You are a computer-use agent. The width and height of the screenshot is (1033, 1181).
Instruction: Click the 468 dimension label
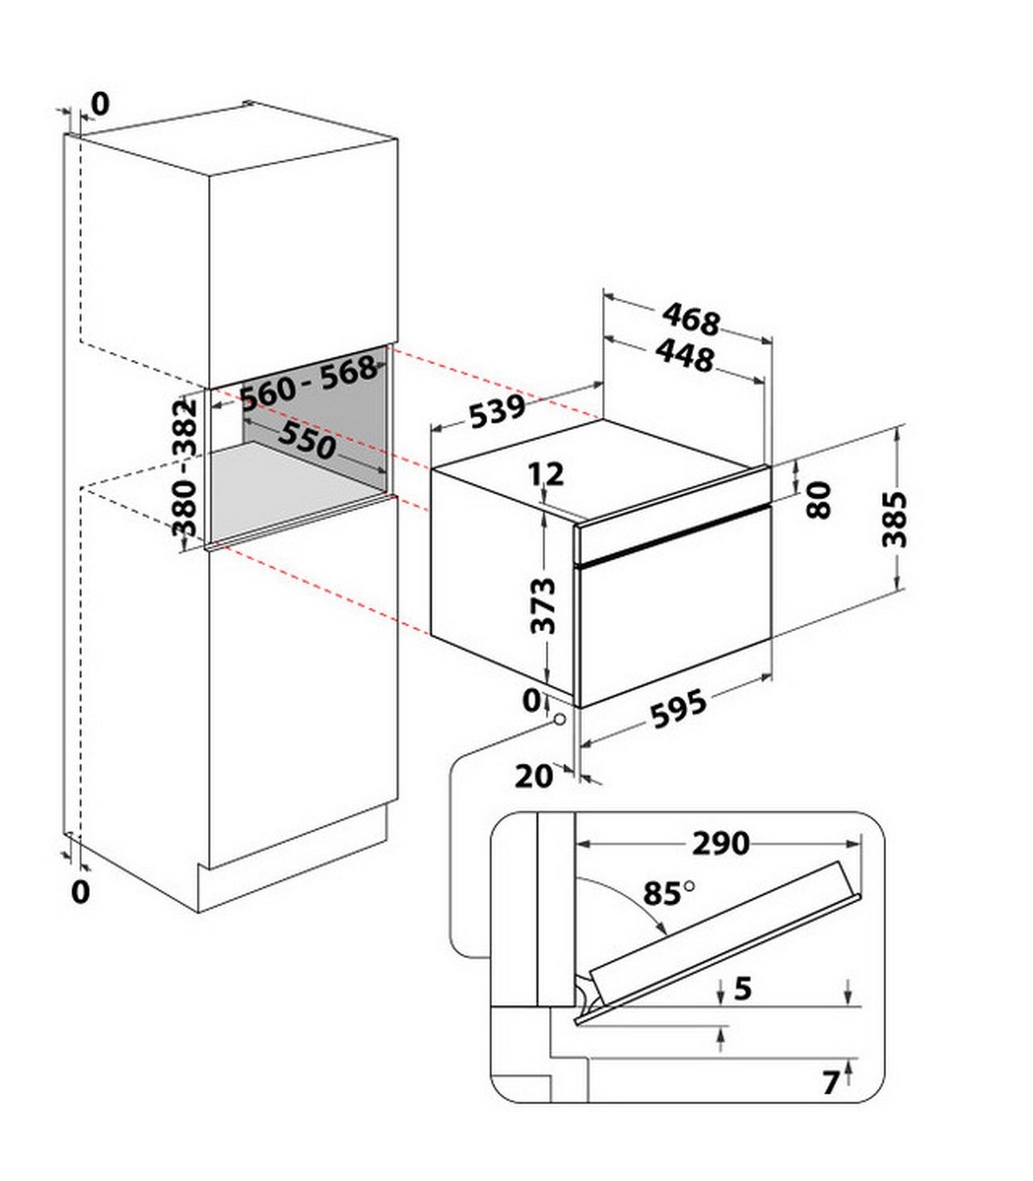coord(690,320)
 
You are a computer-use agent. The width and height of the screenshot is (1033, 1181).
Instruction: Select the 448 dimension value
coord(684,356)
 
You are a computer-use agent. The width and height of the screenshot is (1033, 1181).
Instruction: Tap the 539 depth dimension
coord(497,411)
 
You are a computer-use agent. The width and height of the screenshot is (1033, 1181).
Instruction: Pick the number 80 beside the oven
coord(820,499)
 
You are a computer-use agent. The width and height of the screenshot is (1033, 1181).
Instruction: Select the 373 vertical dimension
coord(542,605)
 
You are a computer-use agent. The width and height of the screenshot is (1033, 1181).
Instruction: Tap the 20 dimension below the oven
coord(534,776)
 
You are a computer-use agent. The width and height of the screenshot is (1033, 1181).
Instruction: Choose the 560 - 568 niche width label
coord(308,383)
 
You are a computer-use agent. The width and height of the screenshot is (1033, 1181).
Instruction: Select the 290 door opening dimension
coord(721,844)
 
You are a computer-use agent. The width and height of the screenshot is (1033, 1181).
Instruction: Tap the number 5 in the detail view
coord(743,988)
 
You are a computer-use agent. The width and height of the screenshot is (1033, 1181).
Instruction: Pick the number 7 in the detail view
coord(830,1083)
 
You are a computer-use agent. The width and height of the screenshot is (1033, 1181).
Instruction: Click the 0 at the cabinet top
coord(101,104)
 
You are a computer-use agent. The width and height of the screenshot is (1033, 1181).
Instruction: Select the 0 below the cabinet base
coord(80,891)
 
